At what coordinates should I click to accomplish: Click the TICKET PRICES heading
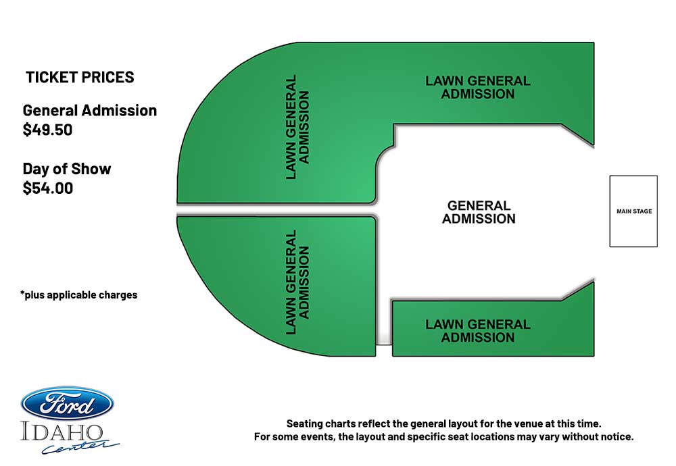click(80, 78)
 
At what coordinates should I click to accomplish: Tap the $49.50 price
click(47, 130)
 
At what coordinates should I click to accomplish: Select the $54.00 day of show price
click(48, 188)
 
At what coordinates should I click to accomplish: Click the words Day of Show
click(67, 169)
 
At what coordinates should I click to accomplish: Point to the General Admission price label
click(90, 111)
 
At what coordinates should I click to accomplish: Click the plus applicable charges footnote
click(79, 295)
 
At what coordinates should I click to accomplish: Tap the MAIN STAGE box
click(633, 211)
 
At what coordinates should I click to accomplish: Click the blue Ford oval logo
click(67, 404)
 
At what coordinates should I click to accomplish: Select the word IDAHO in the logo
click(62, 432)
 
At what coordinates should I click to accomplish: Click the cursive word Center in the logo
click(80, 446)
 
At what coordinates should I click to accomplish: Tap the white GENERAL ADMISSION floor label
click(479, 212)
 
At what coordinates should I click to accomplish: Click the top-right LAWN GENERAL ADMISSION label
click(478, 87)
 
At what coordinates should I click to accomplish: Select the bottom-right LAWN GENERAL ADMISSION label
click(478, 331)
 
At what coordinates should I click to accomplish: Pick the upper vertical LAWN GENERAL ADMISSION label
click(297, 127)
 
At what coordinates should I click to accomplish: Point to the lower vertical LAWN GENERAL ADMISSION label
click(297, 282)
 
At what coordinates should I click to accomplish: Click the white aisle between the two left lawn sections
click(276, 210)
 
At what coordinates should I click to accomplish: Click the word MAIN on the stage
click(623, 211)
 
